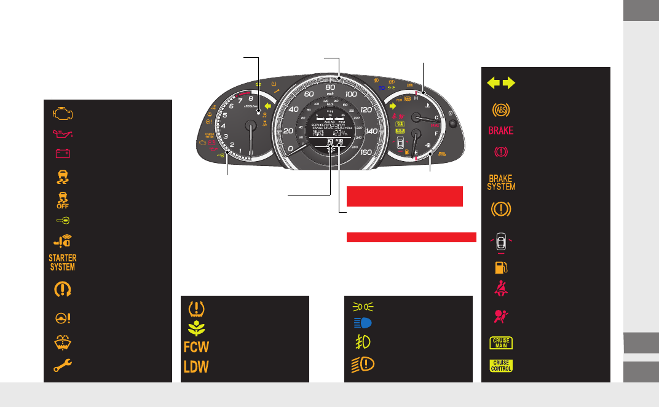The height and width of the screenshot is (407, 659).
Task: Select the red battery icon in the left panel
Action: tap(61, 152)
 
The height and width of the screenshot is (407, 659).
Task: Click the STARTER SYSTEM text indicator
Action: tap(62, 263)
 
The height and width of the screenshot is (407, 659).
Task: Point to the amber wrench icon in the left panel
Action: tap(62, 366)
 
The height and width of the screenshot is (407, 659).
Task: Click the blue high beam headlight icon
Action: tap(361, 323)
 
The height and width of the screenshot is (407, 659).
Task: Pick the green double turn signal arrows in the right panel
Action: tap(500, 84)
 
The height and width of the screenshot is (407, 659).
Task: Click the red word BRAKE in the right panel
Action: tap(501, 131)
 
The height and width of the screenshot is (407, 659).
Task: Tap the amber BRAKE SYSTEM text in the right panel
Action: tap(502, 182)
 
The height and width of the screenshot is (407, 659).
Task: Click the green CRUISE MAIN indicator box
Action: tap(501, 343)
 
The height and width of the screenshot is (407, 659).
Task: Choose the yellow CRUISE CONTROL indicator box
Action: tap(501, 366)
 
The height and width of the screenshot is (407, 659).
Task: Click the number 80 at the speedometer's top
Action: tap(330, 87)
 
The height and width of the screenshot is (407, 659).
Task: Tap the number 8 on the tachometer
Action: tap(251, 98)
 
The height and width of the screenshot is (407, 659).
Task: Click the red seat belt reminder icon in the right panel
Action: tap(501, 289)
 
